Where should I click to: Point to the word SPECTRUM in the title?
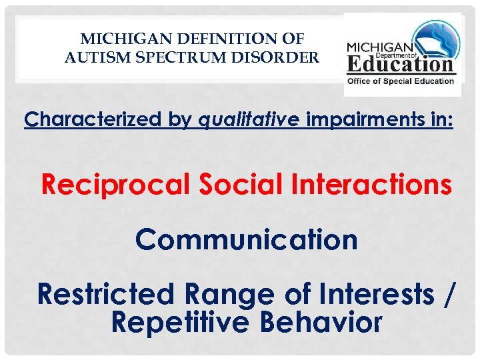169,57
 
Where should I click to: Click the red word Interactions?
371,185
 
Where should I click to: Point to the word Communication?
246,240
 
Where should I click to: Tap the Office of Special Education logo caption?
401,81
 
